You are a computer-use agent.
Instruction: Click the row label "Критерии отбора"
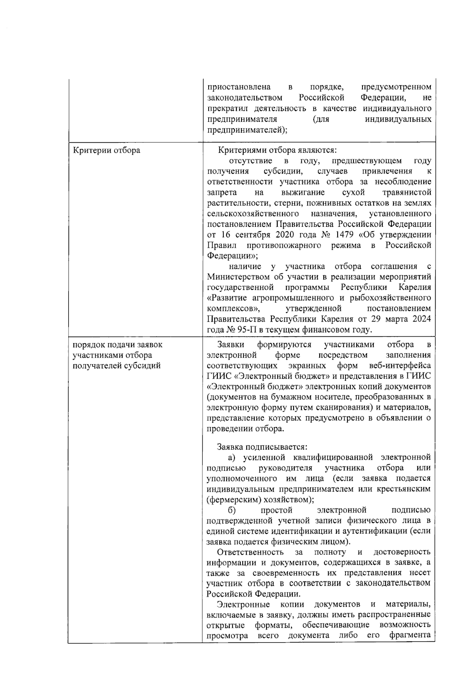point(107,151)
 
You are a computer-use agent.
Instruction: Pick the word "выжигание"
point(303,193)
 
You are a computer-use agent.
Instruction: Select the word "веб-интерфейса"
point(399,365)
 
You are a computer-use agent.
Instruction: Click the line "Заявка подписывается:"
point(262,447)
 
